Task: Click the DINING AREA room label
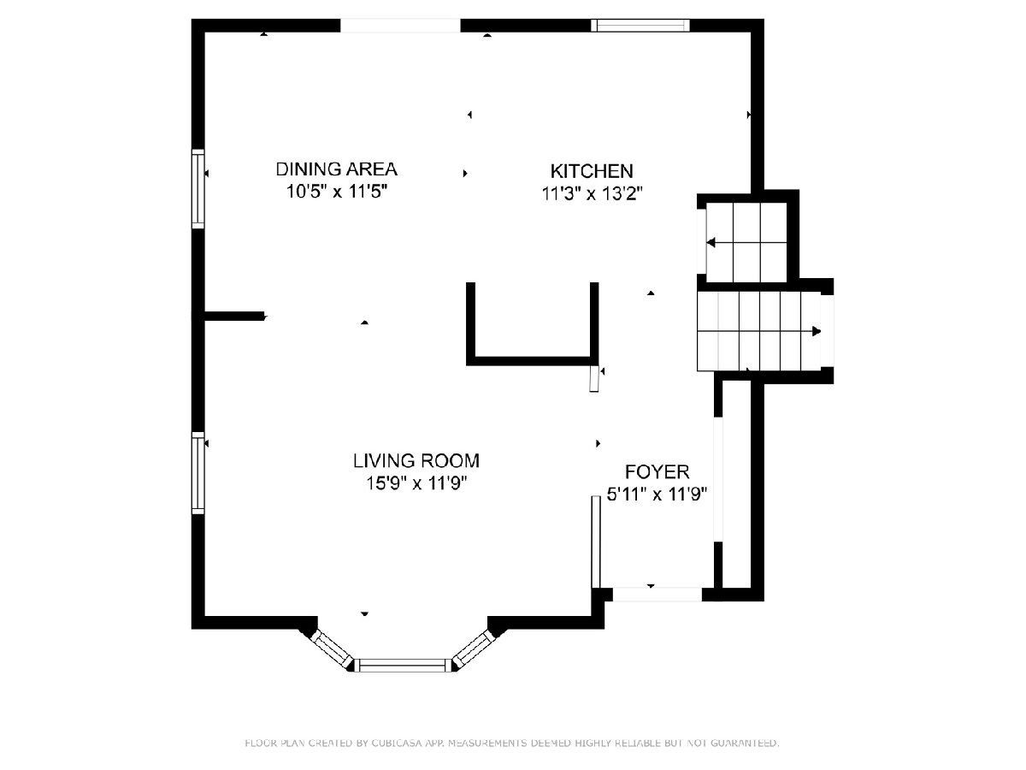click(337, 169)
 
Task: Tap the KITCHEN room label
click(592, 171)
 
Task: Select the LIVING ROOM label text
click(416, 460)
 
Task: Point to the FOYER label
click(657, 471)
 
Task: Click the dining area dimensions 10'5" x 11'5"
click(337, 191)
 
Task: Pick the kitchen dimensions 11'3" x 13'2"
click(592, 193)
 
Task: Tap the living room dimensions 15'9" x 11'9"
click(416, 483)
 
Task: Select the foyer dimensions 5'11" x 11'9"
click(657, 495)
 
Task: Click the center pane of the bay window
click(402, 666)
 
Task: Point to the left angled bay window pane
click(333, 648)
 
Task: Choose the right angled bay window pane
click(473, 648)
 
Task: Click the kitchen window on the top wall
click(640, 26)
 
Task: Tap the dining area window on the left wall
click(198, 189)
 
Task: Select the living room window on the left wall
click(198, 472)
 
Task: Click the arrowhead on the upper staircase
click(711, 243)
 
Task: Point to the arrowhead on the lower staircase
click(817, 331)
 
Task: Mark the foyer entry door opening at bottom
click(657, 595)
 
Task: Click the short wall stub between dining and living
click(234, 316)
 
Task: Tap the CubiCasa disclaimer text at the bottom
click(512, 743)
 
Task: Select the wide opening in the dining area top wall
click(400, 26)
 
